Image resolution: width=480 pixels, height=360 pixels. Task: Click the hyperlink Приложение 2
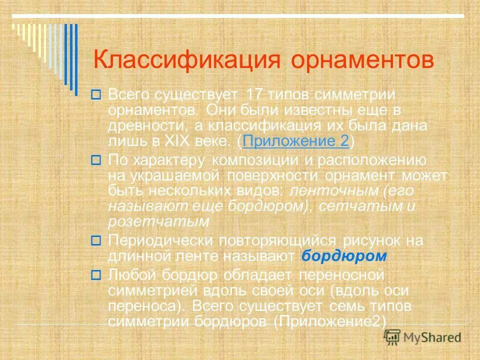click(295, 141)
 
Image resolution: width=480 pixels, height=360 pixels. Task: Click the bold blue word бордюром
click(345, 256)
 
